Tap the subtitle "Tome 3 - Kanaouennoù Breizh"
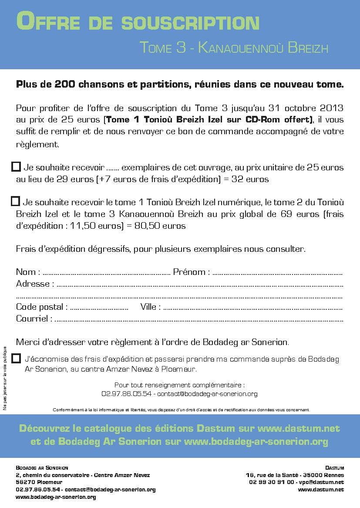234,47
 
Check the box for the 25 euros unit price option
16,166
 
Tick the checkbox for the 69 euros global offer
16,201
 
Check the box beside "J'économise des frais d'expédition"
16,358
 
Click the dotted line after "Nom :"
106,273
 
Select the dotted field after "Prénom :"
277,273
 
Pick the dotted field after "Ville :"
252,308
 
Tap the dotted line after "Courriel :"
199,319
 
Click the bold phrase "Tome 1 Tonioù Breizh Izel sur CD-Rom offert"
209,120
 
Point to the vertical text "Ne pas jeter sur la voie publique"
5,378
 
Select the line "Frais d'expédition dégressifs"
161,249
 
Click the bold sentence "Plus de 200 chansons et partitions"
180,85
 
